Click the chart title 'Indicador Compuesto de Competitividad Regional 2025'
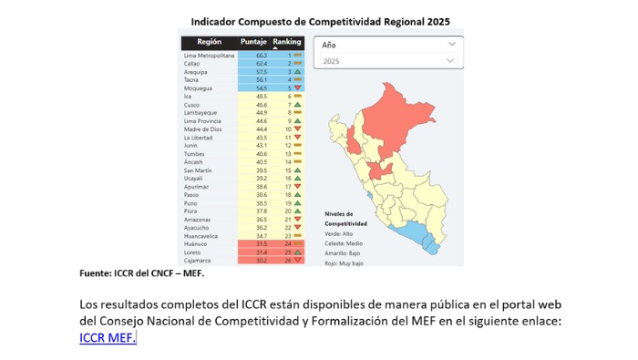point(320,21)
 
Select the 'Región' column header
point(209,42)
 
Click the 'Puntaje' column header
point(253,42)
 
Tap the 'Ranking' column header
point(287,42)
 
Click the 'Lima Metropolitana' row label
point(209,56)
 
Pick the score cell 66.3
point(261,56)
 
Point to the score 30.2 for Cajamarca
point(261,261)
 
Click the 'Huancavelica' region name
point(201,236)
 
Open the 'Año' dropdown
point(388,44)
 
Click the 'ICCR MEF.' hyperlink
point(108,338)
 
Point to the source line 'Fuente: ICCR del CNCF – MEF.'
point(141,273)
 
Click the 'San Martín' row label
point(200,170)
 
